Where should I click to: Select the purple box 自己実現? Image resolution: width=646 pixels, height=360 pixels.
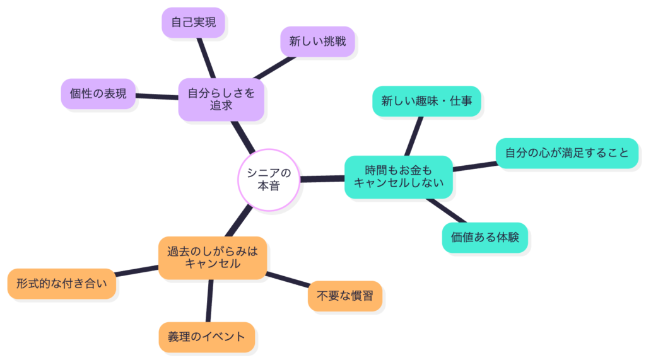pos(192,23)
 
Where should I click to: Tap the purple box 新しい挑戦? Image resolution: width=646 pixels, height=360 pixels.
pos(317,42)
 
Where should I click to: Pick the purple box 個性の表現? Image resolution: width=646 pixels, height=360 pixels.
pos(98,94)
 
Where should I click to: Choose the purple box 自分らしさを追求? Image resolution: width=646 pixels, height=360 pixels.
pos(221,99)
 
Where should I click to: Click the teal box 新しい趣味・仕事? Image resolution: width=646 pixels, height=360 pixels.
pos(426,101)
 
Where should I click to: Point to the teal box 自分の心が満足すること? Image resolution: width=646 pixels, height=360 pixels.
pos(567,153)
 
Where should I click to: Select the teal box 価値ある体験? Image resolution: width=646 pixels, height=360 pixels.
pos(484,237)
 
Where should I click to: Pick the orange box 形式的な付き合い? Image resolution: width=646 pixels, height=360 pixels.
pos(62,284)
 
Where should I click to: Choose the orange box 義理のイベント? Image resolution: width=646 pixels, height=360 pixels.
pos(207,337)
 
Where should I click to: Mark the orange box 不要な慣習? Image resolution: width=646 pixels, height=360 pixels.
pos(344,296)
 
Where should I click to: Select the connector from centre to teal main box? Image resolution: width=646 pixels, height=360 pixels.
pos(322,179)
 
